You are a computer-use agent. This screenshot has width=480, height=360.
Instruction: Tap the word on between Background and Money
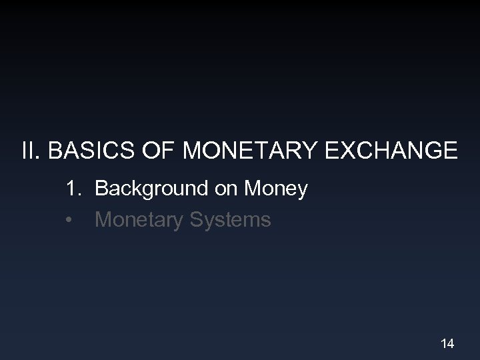pos(225,189)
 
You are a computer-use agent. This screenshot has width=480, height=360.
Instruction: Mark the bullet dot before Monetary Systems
pos(70,220)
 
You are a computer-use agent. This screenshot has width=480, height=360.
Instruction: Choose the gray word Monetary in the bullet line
pos(137,220)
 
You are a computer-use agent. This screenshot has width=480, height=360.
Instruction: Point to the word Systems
pos(229,220)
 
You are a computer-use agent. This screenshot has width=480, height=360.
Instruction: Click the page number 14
pos(447,343)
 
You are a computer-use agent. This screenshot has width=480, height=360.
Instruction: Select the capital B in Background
pos(102,189)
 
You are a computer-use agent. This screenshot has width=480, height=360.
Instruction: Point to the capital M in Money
pos(252,189)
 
